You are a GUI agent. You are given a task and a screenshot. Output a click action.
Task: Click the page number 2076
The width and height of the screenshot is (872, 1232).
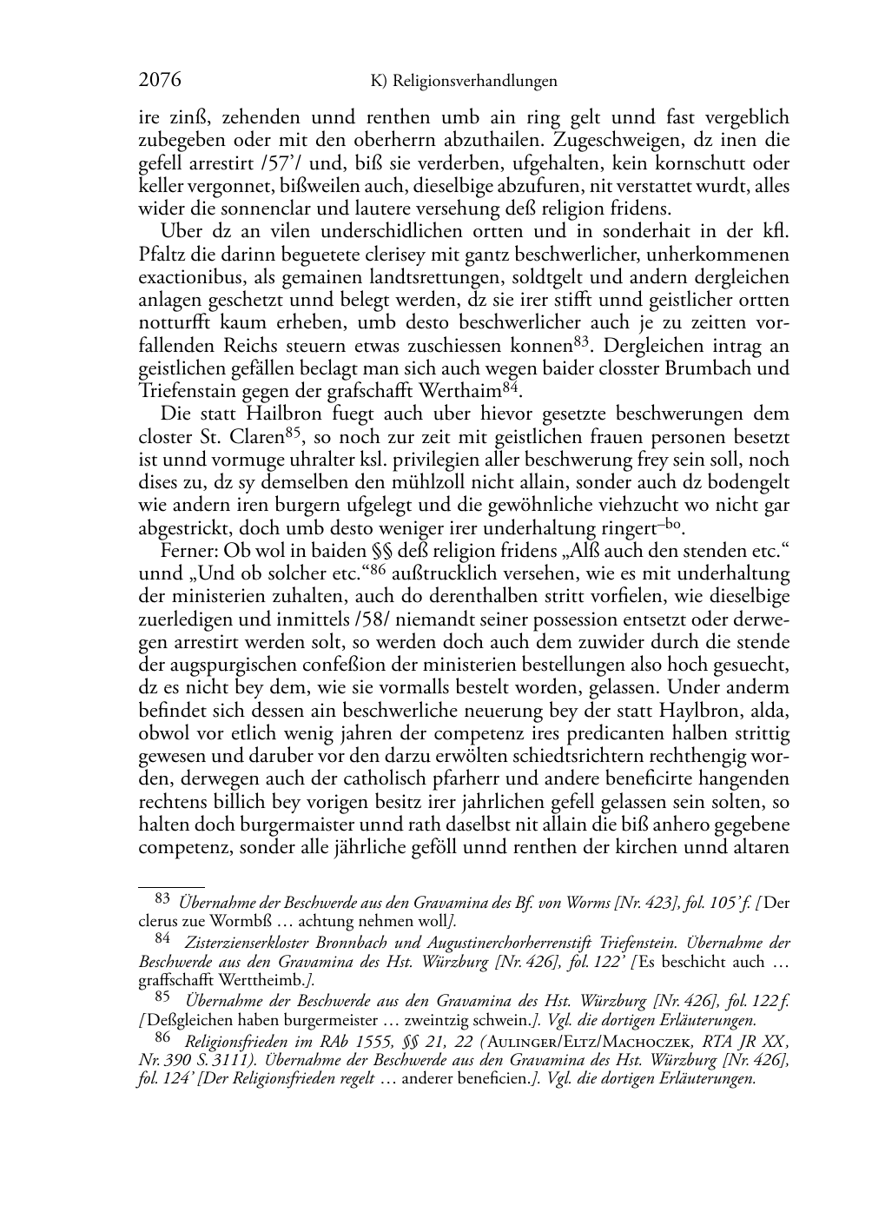pos(160,81)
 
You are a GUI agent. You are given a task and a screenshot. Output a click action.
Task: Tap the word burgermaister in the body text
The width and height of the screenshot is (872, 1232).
pos(276,825)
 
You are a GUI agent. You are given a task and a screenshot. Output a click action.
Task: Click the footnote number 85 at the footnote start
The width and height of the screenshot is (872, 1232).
pos(163,997)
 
